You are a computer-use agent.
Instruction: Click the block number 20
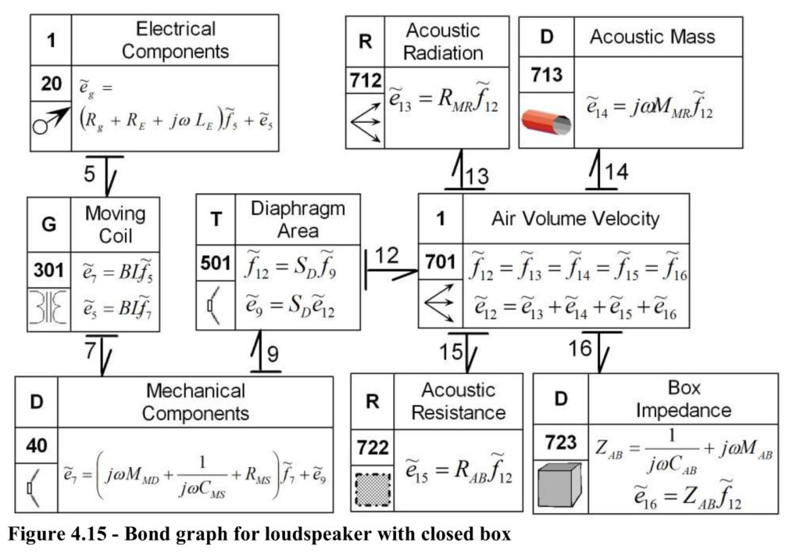[x=51, y=83]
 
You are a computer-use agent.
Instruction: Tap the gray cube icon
[x=560, y=485]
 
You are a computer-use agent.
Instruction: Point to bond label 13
[x=477, y=176]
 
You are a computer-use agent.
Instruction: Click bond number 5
[x=90, y=173]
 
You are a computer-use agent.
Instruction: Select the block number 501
[x=216, y=263]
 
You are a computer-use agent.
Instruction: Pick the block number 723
[x=561, y=442]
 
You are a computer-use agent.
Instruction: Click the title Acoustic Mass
[x=652, y=36]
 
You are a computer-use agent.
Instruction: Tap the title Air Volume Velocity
[x=576, y=219]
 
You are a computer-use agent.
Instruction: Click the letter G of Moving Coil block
[x=49, y=224]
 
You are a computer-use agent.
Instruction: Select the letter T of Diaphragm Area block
[x=216, y=219]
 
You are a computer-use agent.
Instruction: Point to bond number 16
[x=580, y=348]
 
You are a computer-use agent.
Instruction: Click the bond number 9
[x=273, y=354]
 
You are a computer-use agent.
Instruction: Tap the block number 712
[x=366, y=81]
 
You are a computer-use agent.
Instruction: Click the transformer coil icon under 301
[x=48, y=308]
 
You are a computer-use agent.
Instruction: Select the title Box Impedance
[x=684, y=399]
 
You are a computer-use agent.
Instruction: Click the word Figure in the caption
[x=33, y=534]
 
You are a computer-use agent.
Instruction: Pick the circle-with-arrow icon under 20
[x=51, y=120]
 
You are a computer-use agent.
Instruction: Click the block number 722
[x=373, y=447]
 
